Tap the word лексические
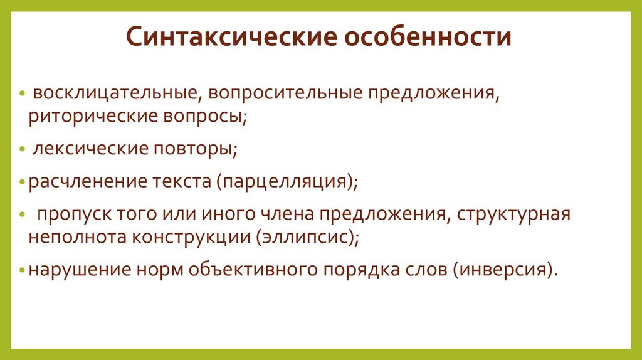92,150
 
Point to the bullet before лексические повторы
23,151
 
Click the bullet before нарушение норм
23,271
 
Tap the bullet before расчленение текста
23,183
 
